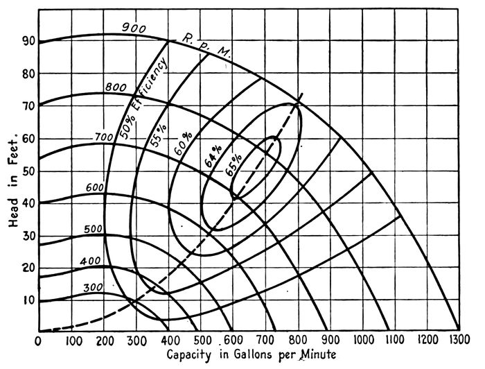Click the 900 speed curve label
[x=134, y=28]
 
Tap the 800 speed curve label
[x=116, y=87]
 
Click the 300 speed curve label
[x=93, y=288]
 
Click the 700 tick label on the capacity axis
[x=266, y=341]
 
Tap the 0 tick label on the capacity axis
[x=38, y=341]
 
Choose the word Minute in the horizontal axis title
[x=317, y=355]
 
